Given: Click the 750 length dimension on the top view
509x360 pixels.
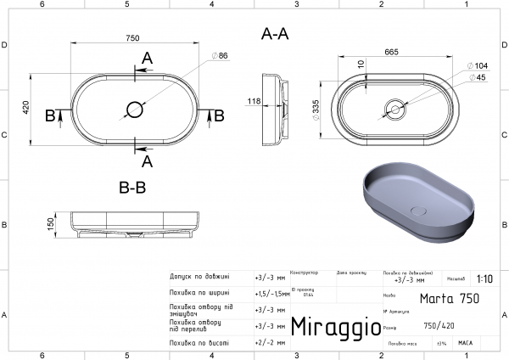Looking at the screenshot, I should (x=132, y=38).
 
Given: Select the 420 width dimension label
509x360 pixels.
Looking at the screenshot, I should (x=26, y=108).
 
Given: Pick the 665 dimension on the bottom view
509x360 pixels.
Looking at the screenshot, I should (x=392, y=53).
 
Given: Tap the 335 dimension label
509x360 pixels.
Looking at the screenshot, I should (x=316, y=109).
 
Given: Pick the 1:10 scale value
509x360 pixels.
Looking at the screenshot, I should (x=484, y=278).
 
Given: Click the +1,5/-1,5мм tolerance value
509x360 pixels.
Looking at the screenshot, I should (x=271, y=293).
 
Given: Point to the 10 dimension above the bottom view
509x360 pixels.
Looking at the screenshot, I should (x=360, y=65).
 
